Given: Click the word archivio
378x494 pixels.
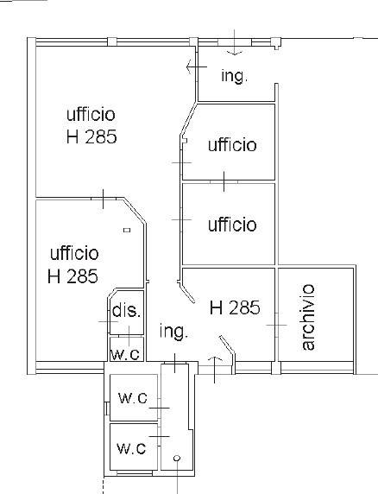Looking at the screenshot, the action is pyautogui.click(x=308, y=317).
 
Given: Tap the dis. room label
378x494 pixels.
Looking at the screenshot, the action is pyautogui.click(x=126, y=311).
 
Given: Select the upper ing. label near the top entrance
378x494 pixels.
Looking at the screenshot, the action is pyautogui.click(x=234, y=76).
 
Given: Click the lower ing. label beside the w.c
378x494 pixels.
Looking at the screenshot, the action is pyautogui.click(x=173, y=332).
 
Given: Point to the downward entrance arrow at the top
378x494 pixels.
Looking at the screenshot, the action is pyautogui.click(x=235, y=42).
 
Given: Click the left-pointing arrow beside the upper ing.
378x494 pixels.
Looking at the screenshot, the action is pyautogui.click(x=197, y=66).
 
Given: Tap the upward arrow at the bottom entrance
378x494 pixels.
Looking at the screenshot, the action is pyautogui.click(x=215, y=370).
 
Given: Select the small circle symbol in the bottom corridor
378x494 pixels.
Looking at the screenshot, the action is pyautogui.click(x=177, y=458).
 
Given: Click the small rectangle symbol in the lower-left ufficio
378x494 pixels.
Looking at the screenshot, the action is pyautogui.click(x=127, y=230).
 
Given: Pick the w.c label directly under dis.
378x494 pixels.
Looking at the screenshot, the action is pyautogui.click(x=125, y=355).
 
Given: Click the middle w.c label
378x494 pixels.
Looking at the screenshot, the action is pyautogui.click(x=133, y=398).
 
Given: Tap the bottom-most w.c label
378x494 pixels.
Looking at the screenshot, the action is pyautogui.click(x=131, y=448).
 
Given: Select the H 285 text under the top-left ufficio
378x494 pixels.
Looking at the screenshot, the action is pyautogui.click(x=91, y=136).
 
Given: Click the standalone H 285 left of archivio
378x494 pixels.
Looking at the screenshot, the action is pyautogui.click(x=235, y=307).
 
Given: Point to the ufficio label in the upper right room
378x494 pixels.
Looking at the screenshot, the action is pyautogui.click(x=232, y=145).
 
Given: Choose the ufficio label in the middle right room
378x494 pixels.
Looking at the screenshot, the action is pyautogui.click(x=232, y=225).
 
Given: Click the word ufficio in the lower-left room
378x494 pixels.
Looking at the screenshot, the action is pyautogui.click(x=74, y=253).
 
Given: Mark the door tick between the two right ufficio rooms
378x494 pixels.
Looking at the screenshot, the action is pyautogui.click(x=224, y=181).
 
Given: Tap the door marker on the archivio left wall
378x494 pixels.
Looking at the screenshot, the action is pyautogui.click(x=277, y=325).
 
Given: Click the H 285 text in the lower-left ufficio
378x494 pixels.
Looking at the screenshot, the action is pyautogui.click(x=72, y=276).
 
